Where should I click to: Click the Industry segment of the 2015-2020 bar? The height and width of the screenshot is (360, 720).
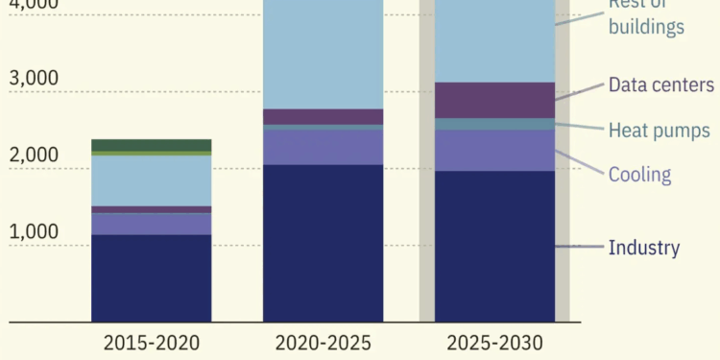pos(151,277)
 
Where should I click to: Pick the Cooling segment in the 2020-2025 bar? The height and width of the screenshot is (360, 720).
pos(323,147)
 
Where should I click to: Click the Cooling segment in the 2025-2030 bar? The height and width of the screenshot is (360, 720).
pos(494,150)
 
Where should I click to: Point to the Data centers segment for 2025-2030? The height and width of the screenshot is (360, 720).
pos(494,100)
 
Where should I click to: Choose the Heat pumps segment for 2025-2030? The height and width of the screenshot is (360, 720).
pos(494,124)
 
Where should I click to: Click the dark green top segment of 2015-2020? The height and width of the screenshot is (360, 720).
pos(151,145)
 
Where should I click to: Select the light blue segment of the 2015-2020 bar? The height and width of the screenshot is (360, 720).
pos(151,180)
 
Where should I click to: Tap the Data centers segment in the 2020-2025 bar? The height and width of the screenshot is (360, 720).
pos(323,116)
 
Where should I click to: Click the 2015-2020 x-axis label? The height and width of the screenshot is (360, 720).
pos(151,343)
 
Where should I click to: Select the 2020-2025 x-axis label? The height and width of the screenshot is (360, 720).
pos(323,343)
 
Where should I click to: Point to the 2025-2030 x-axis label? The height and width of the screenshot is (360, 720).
pos(494,343)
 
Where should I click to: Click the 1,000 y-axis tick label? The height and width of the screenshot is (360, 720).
pos(35,231)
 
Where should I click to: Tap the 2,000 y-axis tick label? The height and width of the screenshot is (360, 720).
pos(35,155)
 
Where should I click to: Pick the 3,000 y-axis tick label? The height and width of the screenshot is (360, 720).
pos(35,78)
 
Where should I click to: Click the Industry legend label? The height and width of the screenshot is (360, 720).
pos(643,248)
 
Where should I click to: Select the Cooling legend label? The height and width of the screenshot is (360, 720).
pos(639,174)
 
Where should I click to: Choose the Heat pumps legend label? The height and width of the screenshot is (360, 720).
pos(659,130)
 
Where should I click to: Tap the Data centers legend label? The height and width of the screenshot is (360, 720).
pos(660,84)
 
